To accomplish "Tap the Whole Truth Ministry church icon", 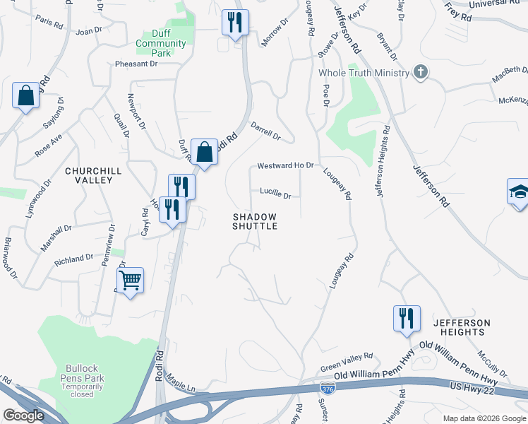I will click(421, 72).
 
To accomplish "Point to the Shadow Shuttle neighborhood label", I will click(255, 221).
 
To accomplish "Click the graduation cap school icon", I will click(519, 192).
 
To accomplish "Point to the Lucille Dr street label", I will click(275, 193).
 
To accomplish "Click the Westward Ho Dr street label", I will click(284, 165).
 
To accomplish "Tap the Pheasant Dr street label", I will click(136, 64).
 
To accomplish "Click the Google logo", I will click(23, 415).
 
